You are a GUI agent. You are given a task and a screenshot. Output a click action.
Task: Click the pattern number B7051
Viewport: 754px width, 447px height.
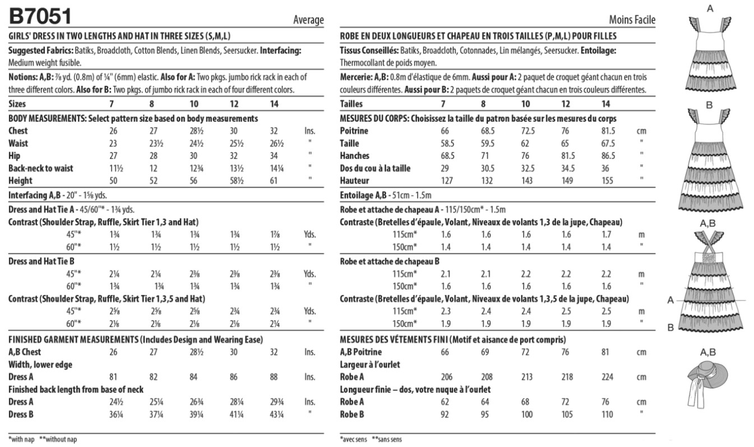pos(40,17)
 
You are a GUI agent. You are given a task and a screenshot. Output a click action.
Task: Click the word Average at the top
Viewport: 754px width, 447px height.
pos(308,20)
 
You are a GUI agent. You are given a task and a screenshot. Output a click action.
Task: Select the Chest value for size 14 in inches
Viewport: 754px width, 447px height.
pos(274,131)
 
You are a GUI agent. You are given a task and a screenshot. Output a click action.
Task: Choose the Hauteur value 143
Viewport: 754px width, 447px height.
pos(526,181)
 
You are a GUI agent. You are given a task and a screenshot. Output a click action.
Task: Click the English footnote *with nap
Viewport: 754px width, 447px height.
pos(22,439)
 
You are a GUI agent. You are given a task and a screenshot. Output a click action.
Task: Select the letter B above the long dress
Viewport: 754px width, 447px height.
pos(709,105)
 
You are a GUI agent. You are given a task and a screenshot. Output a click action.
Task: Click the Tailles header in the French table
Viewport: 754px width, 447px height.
pos(351,104)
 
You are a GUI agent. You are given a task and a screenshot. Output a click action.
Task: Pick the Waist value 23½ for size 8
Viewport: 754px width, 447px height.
pos(151,144)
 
